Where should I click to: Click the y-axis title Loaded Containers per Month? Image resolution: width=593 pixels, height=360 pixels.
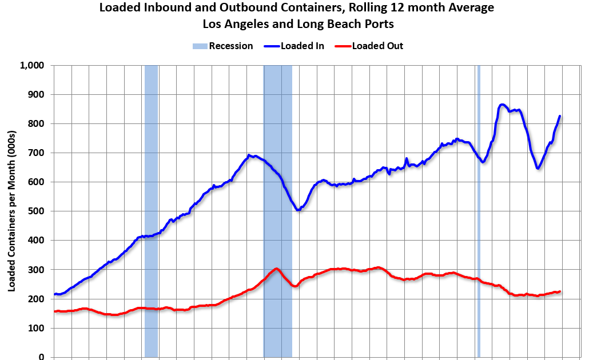tap(11, 211)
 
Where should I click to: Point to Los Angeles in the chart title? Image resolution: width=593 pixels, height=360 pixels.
tap(234, 25)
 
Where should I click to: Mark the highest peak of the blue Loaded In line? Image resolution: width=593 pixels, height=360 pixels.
tap(502, 105)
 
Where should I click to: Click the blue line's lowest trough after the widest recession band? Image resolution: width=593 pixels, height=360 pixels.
tap(297, 210)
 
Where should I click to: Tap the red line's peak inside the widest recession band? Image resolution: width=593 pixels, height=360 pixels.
tap(276, 269)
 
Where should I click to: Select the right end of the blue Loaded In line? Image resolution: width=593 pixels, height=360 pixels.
tap(560, 116)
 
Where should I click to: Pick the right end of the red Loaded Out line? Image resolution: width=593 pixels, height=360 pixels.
tap(560, 291)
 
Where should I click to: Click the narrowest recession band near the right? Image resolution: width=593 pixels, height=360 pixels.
tap(479, 211)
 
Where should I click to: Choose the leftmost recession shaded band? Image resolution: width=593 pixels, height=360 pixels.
tap(151, 211)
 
